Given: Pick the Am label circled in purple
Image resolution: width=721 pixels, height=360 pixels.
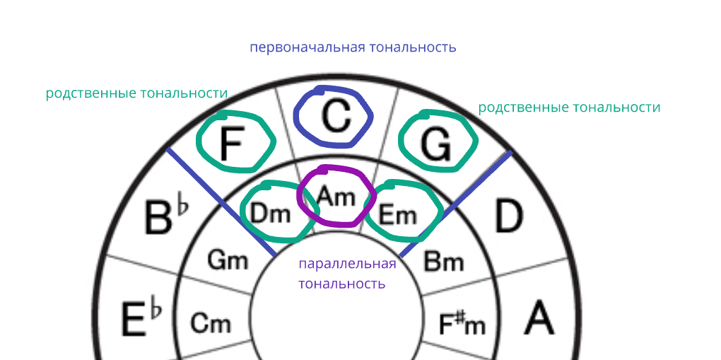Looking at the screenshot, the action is point(335,196).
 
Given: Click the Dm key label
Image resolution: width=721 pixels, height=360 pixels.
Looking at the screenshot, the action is point(271,213).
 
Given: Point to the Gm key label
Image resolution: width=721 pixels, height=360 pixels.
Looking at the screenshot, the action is point(228,260).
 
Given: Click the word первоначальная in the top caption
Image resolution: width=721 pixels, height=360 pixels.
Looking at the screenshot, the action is point(307,47).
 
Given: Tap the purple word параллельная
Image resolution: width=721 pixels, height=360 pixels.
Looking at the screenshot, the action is point(347,265).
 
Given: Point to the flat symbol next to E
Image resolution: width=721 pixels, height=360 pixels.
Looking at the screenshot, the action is point(156,309).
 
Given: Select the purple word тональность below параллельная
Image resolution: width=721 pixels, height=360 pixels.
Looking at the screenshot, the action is point(341,284).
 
